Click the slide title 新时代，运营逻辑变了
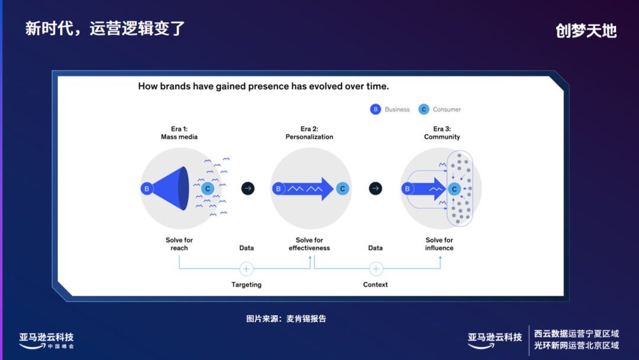(105, 28)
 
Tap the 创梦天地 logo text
(586, 31)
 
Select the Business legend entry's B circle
(375, 110)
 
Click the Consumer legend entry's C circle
(423, 110)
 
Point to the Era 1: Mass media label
(179, 133)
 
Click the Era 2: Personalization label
(309, 133)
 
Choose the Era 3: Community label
(441, 133)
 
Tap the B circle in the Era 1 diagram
(146, 189)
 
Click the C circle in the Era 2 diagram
(342, 189)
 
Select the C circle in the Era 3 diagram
(454, 189)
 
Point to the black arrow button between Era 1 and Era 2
(248, 189)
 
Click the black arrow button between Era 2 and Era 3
(375, 189)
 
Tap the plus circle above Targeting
(247, 269)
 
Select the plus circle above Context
(376, 269)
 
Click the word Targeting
(247, 285)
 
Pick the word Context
(376, 285)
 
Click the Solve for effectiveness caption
(309, 244)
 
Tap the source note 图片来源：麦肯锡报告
(286, 319)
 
